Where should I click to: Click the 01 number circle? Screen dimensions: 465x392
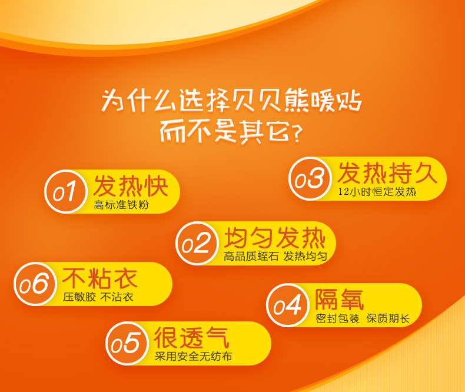click(x=65, y=191)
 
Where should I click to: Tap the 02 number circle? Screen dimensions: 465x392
click(x=197, y=243)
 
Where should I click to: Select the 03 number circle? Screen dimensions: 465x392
click(x=310, y=178)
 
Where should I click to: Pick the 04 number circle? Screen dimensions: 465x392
click(x=288, y=305)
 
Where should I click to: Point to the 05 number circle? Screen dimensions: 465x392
click(x=127, y=343)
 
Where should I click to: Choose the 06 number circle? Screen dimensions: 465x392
click(x=35, y=284)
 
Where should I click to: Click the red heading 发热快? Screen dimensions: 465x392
click(x=131, y=186)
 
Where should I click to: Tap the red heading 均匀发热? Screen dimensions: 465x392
click(x=275, y=238)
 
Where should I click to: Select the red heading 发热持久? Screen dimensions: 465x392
click(x=387, y=173)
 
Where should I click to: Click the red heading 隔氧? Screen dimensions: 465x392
click(x=339, y=299)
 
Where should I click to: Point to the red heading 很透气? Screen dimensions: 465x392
click(x=191, y=337)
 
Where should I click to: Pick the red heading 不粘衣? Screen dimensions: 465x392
click(x=99, y=278)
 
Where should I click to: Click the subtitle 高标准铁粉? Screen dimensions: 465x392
click(x=121, y=205)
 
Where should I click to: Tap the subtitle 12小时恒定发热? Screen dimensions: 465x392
click(x=377, y=192)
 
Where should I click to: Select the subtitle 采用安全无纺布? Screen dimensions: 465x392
click(x=193, y=357)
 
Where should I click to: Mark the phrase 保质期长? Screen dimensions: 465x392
click(x=388, y=319)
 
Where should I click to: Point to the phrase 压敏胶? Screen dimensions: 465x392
click(x=79, y=297)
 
